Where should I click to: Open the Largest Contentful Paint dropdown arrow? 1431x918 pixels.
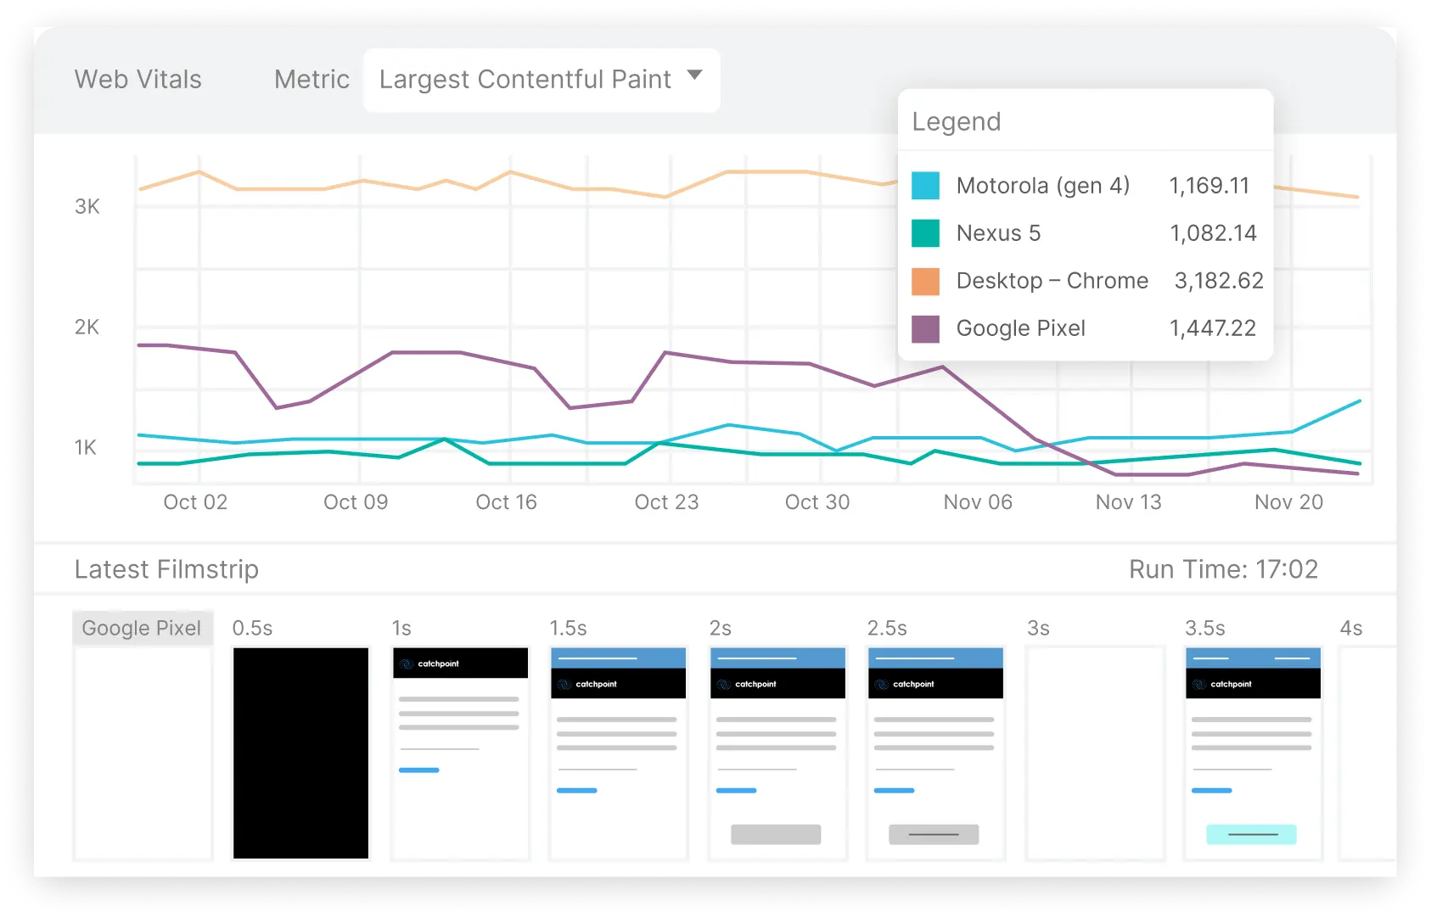click(x=694, y=75)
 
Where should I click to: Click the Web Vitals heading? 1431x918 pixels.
click(x=137, y=79)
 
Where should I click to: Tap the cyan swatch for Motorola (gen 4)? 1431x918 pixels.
click(x=925, y=185)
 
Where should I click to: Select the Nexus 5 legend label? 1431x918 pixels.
click(x=997, y=233)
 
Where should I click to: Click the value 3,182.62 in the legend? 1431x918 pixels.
click(x=1218, y=281)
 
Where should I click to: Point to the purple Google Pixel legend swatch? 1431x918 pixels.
click(x=925, y=328)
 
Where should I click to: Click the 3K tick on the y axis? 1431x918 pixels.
click(x=87, y=206)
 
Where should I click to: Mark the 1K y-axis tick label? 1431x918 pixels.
click(x=86, y=447)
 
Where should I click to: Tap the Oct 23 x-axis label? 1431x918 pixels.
click(x=666, y=502)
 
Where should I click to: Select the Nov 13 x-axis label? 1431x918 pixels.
click(x=1128, y=502)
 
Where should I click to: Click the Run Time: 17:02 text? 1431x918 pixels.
click(x=1223, y=569)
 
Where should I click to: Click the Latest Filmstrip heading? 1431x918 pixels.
click(x=166, y=569)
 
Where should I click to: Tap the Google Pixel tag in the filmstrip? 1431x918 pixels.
click(x=142, y=628)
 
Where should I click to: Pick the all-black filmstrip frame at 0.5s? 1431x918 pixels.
click(x=300, y=753)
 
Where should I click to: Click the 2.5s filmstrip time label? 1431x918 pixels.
click(x=886, y=628)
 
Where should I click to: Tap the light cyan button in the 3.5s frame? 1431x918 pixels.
click(x=1251, y=834)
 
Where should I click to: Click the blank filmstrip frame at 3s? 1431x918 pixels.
click(x=1095, y=753)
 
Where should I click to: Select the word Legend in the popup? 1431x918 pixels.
click(x=956, y=122)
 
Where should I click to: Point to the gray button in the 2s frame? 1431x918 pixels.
click(x=776, y=834)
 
